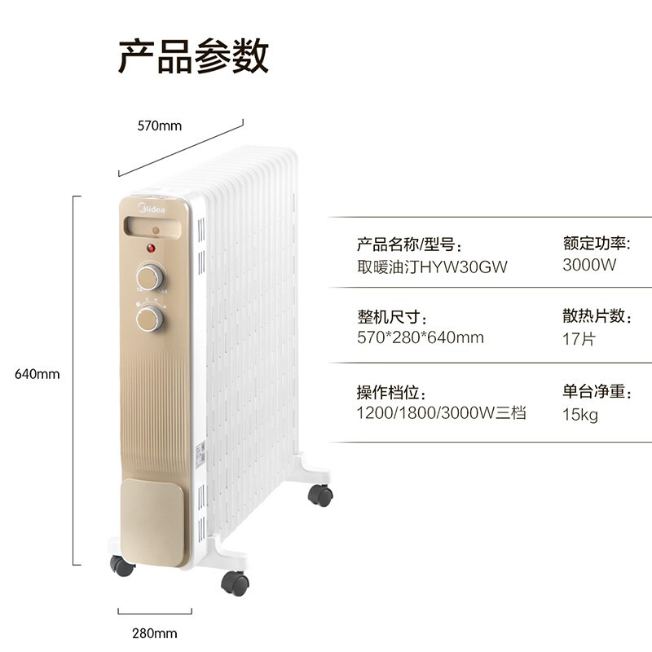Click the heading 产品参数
pos(193,56)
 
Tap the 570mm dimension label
pos(159,126)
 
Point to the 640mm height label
pos(37,374)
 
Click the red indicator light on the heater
pos(151,249)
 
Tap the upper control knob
pos(149,275)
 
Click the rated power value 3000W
pos(589,265)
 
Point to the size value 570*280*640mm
pos(420,337)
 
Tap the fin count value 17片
pos(579,338)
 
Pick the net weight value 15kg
pos(580,415)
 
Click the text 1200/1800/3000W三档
pos(441,413)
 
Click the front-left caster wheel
pos(122,566)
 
